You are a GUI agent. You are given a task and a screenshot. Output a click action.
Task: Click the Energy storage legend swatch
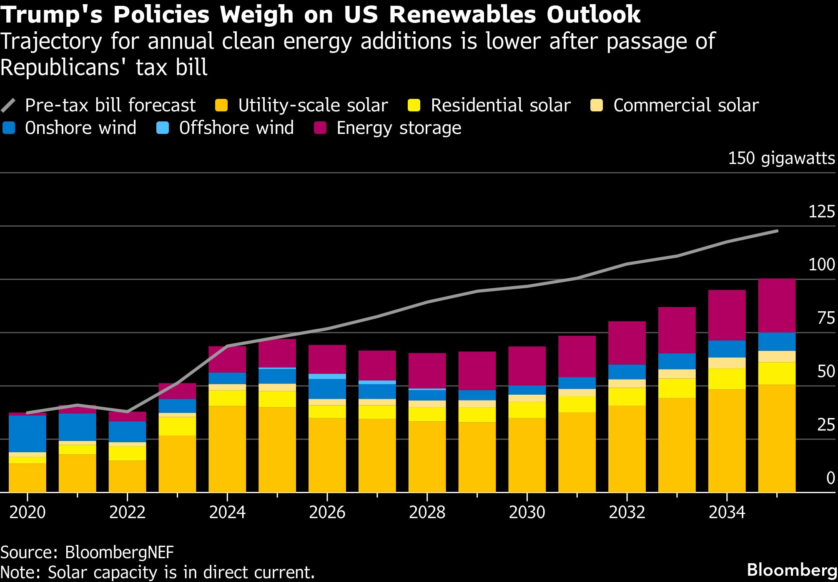320,128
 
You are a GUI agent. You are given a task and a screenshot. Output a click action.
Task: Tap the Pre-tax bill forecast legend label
110,105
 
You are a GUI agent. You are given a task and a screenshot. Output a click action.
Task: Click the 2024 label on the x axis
227,512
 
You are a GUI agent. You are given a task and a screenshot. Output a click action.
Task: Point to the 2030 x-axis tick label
527,512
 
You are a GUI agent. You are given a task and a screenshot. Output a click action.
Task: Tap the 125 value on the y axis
821,212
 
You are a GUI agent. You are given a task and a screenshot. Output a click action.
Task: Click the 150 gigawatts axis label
781,159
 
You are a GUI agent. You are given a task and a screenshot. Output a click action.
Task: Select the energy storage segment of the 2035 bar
777,305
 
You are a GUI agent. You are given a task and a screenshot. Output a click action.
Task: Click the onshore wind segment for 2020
28,434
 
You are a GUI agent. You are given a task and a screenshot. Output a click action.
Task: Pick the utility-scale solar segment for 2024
227,449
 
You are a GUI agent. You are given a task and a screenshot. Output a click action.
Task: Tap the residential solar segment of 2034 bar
727,379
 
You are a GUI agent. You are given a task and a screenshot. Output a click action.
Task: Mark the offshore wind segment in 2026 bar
327,376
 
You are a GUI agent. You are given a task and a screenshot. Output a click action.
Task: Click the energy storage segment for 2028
427,370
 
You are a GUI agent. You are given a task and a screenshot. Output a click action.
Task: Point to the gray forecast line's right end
777,231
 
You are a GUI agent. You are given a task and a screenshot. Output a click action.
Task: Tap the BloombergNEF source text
119,552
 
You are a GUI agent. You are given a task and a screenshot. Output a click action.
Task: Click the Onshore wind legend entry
80,128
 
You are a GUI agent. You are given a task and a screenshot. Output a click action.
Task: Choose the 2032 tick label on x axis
627,512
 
